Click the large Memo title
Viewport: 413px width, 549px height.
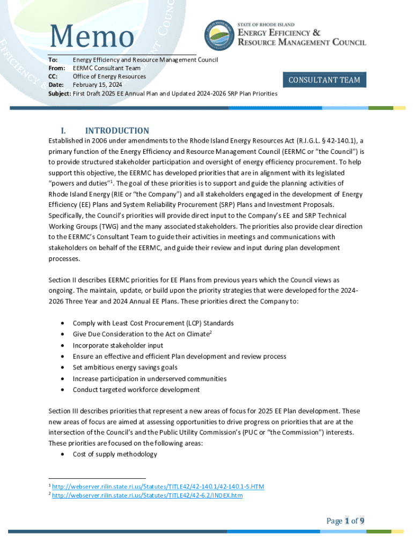91,37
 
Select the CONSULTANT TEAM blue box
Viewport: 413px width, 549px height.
324,80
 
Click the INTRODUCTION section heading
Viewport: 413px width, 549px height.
117,131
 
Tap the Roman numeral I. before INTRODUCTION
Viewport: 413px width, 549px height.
63,131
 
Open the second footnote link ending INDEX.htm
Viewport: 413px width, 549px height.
147,495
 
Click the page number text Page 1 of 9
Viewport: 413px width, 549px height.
345,521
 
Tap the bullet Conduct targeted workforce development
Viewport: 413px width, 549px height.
136,390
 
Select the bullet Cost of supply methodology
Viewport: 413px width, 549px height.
115,454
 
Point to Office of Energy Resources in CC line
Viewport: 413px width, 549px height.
109,77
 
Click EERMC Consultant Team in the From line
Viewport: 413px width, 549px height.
107,68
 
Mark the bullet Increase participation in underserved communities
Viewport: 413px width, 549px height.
150,379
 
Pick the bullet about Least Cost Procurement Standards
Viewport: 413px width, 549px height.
153,323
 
